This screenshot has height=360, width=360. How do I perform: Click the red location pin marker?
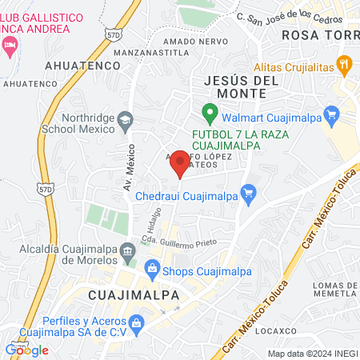coord(181,164)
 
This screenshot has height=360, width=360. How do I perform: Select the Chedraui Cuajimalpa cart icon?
coord(249,192)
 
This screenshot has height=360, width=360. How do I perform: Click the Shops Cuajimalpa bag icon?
coord(152,270)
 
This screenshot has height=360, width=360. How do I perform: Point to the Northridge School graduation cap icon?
coord(126,120)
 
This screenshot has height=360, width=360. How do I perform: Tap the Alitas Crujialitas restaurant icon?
coord(343,63)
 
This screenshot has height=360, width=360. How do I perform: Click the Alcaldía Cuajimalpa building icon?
coord(127,253)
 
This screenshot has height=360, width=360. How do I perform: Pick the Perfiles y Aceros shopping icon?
coord(136,323)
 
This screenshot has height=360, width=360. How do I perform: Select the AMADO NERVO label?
coord(189,41)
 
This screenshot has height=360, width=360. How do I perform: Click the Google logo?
coord(26,350)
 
